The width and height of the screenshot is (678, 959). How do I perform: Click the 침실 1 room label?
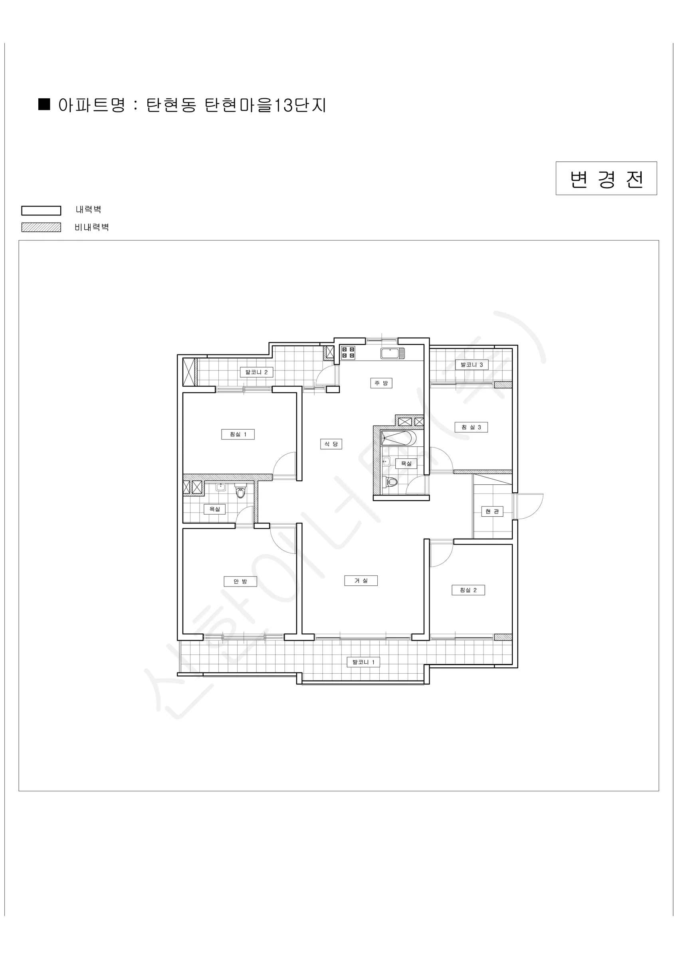point(238,434)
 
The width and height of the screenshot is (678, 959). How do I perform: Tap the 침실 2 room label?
point(468,590)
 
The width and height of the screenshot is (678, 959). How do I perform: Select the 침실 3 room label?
point(471,427)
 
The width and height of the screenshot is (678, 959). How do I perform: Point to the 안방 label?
point(240,581)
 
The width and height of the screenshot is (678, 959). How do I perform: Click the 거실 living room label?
point(361,581)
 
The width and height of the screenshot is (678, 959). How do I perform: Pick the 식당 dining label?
point(331,444)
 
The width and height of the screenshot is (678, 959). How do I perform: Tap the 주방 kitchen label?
point(381,383)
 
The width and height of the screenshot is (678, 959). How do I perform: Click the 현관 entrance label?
point(492,511)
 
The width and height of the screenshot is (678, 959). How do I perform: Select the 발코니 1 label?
point(363,662)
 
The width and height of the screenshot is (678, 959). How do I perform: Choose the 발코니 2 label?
point(256,372)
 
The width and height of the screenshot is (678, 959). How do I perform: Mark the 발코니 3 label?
point(471,365)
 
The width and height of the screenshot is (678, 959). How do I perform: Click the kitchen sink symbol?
point(393,353)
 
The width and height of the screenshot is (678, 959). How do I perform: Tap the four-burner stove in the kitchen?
point(348,352)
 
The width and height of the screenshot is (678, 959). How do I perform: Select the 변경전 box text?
point(606,179)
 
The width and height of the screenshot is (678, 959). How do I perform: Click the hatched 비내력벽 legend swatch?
point(42,227)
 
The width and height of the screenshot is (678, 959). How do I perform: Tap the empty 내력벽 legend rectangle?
point(42,211)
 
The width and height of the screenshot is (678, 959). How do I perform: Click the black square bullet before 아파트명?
point(44,104)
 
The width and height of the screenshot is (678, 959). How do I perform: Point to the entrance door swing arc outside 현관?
point(537,507)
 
